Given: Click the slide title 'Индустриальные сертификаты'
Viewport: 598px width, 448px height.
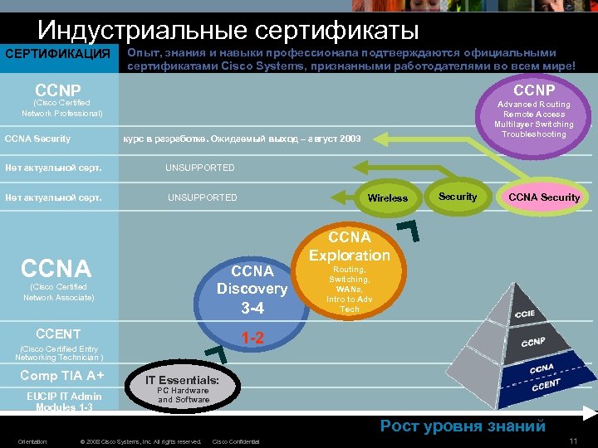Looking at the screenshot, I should pyautogui.click(x=228, y=31).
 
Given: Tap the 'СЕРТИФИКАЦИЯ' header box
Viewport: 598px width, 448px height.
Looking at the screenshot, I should pyautogui.click(x=57, y=55).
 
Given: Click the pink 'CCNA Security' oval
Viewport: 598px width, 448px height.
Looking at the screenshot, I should pyautogui.click(x=544, y=197).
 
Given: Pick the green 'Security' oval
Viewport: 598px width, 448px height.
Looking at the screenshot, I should pyautogui.click(x=458, y=197).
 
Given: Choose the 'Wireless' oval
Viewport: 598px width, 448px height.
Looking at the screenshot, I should pyautogui.click(x=387, y=197).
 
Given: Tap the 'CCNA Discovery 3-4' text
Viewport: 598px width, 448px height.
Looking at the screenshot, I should pyautogui.click(x=252, y=288).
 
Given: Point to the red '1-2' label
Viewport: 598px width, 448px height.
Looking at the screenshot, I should pyautogui.click(x=252, y=338).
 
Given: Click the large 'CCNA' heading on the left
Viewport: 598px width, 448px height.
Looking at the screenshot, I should pyautogui.click(x=56, y=269).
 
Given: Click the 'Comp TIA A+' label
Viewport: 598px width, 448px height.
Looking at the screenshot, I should pyautogui.click(x=61, y=375).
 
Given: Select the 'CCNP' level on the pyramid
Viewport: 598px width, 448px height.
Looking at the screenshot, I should pyautogui.click(x=533, y=343).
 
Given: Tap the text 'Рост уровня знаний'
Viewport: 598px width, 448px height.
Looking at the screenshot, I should pyautogui.click(x=463, y=426).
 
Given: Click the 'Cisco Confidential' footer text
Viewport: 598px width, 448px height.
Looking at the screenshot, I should pyautogui.click(x=236, y=441).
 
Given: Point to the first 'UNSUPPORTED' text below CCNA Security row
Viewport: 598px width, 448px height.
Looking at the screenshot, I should pyautogui.click(x=199, y=168).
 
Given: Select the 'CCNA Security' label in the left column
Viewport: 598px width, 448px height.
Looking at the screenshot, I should pyautogui.click(x=38, y=139).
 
